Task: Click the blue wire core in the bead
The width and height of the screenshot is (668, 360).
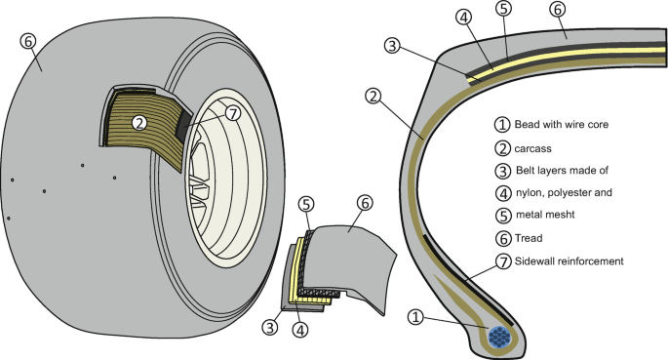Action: coord(499,337)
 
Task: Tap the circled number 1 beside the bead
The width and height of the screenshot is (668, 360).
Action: coord(415,317)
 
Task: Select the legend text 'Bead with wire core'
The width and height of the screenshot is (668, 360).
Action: coord(562,125)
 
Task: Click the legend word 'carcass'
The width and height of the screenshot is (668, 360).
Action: coord(533,148)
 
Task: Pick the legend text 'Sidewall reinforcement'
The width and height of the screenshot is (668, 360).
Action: coord(570,260)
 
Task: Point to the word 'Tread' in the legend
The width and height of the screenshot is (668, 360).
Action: coord(529,238)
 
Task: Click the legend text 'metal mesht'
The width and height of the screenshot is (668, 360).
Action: coord(545,215)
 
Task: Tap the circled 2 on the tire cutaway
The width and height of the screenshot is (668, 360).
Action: coord(139,123)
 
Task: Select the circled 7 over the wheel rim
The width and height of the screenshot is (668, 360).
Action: coord(233,113)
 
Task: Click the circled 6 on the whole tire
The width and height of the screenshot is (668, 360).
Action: coord(28,41)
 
